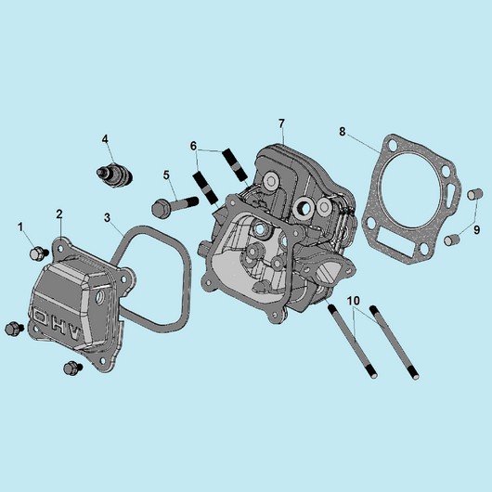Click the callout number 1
(21, 227)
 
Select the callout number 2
(59, 214)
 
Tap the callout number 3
(108, 217)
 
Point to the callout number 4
(105, 138)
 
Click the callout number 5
(166, 175)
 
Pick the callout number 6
(193, 146)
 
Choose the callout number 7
(281, 123)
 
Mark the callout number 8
(342, 131)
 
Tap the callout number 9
(476, 230)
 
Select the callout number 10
(354, 301)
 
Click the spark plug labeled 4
(114, 175)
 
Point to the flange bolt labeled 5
(175, 205)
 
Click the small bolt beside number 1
(39, 253)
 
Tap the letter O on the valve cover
(40, 317)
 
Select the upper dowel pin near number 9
(474, 194)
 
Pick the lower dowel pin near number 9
(452, 240)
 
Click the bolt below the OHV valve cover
(72, 368)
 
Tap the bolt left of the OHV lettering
(14, 329)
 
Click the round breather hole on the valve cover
(100, 296)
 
